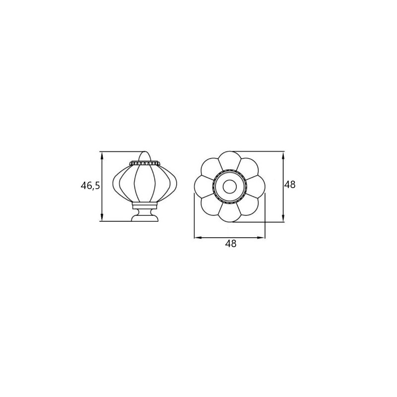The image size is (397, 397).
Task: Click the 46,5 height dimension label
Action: (90, 186)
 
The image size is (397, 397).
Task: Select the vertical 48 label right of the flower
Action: (290, 185)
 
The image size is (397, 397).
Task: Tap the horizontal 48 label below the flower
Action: (231, 244)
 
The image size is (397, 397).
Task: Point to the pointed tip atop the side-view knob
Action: (145, 152)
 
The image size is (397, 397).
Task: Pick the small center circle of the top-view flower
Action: (230, 187)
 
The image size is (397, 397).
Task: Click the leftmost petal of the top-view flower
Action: (203, 187)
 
